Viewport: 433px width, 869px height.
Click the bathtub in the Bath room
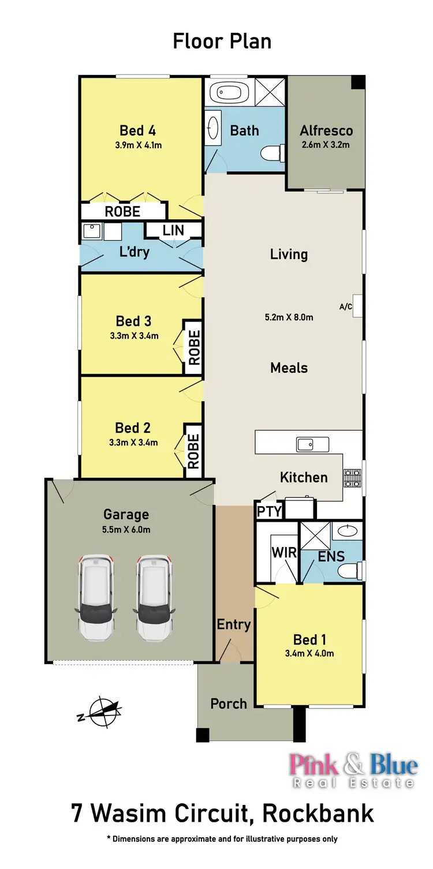click(x=227, y=92)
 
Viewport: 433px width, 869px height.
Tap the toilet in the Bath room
click(x=270, y=153)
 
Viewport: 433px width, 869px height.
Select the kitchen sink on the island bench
click(x=312, y=444)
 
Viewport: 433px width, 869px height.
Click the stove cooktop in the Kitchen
click(x=352, y=478)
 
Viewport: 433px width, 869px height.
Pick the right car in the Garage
click(x=154, y=597)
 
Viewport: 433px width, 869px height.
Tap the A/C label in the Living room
click(x=346, y=306)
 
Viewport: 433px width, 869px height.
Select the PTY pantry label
click(x=269, y=511)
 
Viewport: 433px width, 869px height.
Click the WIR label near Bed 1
click(x=284, y=552)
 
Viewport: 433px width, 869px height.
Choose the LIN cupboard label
click(x=173, y=230)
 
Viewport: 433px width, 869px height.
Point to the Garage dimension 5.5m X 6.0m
click(x=126, y=529)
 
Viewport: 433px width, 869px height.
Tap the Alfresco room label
click(x=326, y=130)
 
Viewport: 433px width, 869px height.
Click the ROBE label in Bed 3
click(x=194, y=347)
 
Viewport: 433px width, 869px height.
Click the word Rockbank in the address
click(x=318, y=814)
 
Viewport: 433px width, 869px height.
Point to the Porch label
click(x=229, y=703)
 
